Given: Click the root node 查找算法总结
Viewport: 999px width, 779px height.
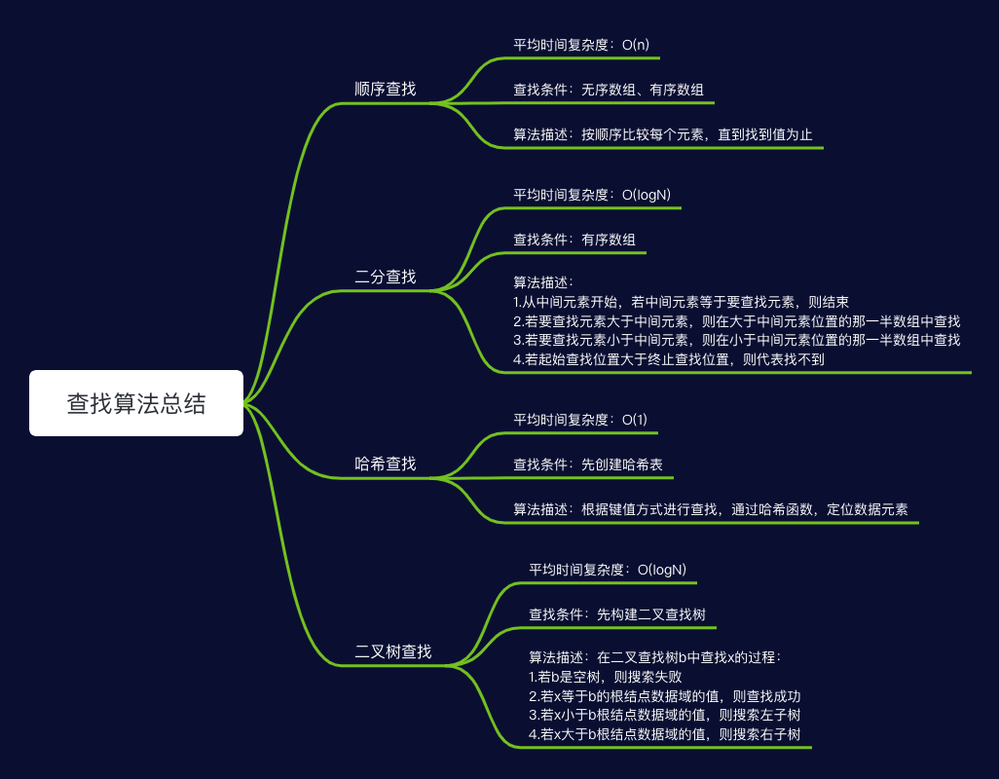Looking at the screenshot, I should (x=136, y=403).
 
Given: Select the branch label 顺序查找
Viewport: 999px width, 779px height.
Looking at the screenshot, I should (x=386, y=89).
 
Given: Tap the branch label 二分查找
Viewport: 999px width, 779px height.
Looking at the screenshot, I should (x=386, y=277).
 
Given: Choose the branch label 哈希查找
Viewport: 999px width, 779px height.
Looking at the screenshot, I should (x=386, y=464).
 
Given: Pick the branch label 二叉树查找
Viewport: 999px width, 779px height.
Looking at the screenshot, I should (x=393, y=651).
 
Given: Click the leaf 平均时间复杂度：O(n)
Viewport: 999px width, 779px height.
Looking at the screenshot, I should (x=580, y=44).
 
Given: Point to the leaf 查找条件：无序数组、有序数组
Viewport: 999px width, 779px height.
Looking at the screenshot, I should (x=610, y=90).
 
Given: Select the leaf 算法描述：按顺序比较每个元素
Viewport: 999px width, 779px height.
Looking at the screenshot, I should (x=663, y=134).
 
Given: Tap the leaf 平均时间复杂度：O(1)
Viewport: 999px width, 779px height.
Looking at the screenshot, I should (x=580, y=420).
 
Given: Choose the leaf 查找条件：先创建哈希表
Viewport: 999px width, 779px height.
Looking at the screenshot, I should (x=588, y=465).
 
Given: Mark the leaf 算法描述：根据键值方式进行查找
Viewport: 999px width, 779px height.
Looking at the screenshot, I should (x=711, y=509).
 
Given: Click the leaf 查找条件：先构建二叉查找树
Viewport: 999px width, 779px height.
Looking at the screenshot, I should (x=617, y=614).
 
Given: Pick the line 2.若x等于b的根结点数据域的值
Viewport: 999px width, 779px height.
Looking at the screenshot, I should (x=664, y=696).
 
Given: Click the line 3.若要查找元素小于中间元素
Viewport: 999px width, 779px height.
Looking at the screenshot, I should (x=736, y=340).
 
